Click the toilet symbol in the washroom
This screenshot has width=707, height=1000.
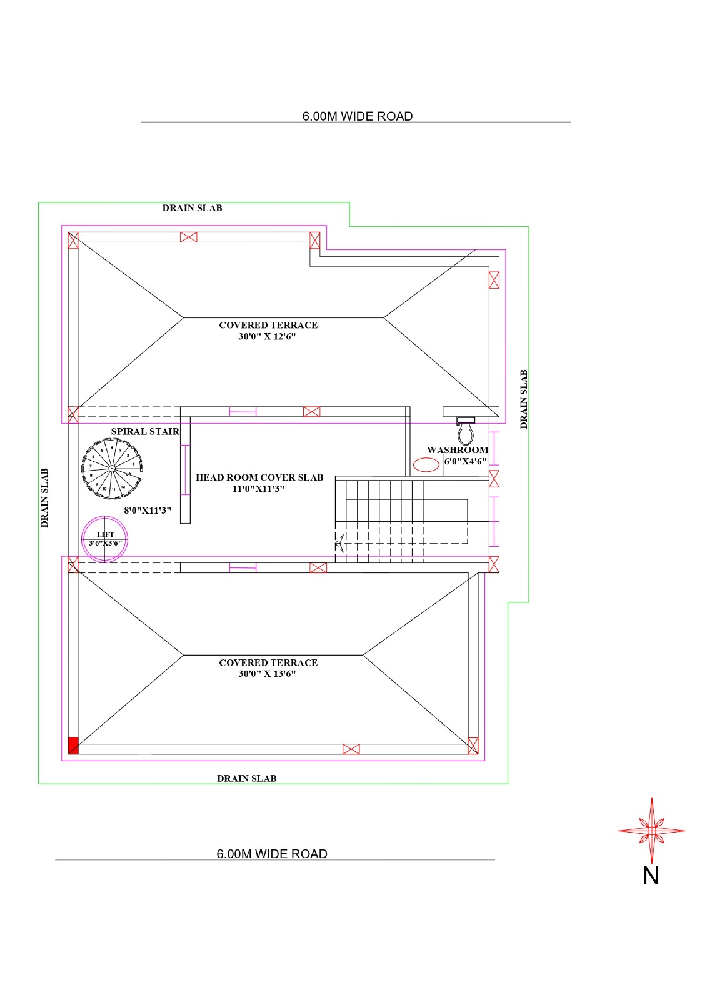point(465,431)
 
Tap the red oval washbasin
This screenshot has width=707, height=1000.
point(426,465)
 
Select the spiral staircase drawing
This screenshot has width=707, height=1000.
point(112,468)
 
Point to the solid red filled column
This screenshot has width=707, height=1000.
point(73,746)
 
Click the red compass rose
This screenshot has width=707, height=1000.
point(651,831)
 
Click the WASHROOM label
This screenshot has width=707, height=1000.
point(458,450)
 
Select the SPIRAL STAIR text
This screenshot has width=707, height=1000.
point(145,432)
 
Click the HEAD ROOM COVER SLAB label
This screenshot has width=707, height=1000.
point(259,477)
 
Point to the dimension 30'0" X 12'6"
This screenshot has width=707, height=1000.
point(267,337)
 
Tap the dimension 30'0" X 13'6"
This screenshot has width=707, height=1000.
point(267,674)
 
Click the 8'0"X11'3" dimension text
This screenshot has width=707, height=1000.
point(148,511)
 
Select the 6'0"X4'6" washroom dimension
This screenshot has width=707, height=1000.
point(465,462)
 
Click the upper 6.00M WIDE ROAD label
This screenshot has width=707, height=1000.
point(358,116)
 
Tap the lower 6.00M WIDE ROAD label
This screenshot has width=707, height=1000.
point(272,854)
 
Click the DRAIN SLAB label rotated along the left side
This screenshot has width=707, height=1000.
point(44,497)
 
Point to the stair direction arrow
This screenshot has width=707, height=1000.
point(340,543)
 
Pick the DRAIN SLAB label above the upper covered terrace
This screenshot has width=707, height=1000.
point(192,208)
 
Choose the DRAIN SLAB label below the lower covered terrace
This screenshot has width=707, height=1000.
point(246,779)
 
